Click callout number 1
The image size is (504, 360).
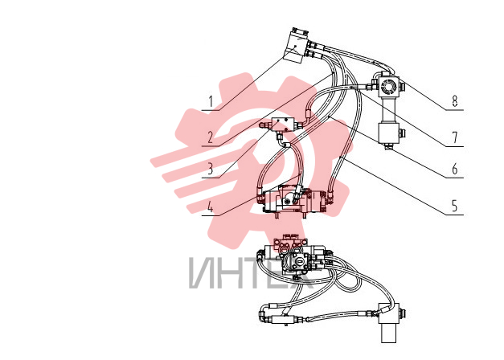pos(211,101)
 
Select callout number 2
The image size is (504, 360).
pos(211,137)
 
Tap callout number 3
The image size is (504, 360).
pos(211,169)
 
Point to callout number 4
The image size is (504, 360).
pos(211,207)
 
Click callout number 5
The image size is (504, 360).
pos(454,206)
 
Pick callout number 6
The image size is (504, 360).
pos(454,169)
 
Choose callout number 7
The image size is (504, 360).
pos(454,137)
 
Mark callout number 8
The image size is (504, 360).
pos(454,101)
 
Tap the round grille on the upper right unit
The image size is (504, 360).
pos(387,86)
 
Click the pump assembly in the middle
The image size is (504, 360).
pos(293,201)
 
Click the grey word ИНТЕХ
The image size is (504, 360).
pos(251,273)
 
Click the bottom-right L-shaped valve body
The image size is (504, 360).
pos(389,322)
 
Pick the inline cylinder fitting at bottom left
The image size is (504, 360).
pos(282,320)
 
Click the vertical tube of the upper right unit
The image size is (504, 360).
pos(389,110)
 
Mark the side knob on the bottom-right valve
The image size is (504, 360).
pos(402,313)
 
